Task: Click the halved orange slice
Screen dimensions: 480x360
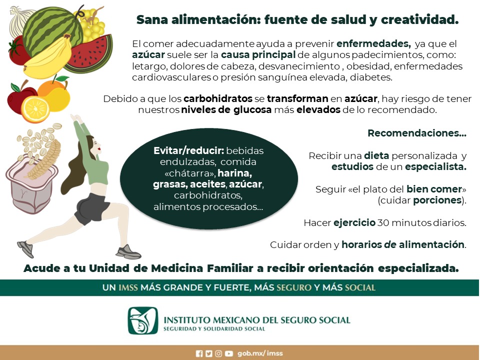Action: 35,109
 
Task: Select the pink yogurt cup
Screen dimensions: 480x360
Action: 31,186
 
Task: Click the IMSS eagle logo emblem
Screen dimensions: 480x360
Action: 143,320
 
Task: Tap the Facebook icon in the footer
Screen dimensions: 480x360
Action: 199,353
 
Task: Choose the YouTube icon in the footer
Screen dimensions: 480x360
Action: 228,353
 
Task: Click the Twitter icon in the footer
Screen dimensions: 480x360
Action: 209,353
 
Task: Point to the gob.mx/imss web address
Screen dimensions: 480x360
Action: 260,353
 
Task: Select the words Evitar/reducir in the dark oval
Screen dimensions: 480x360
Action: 188,150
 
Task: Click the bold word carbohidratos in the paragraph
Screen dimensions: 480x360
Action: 218,98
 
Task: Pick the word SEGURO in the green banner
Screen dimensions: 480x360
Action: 294,287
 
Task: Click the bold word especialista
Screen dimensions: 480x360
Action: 435,167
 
